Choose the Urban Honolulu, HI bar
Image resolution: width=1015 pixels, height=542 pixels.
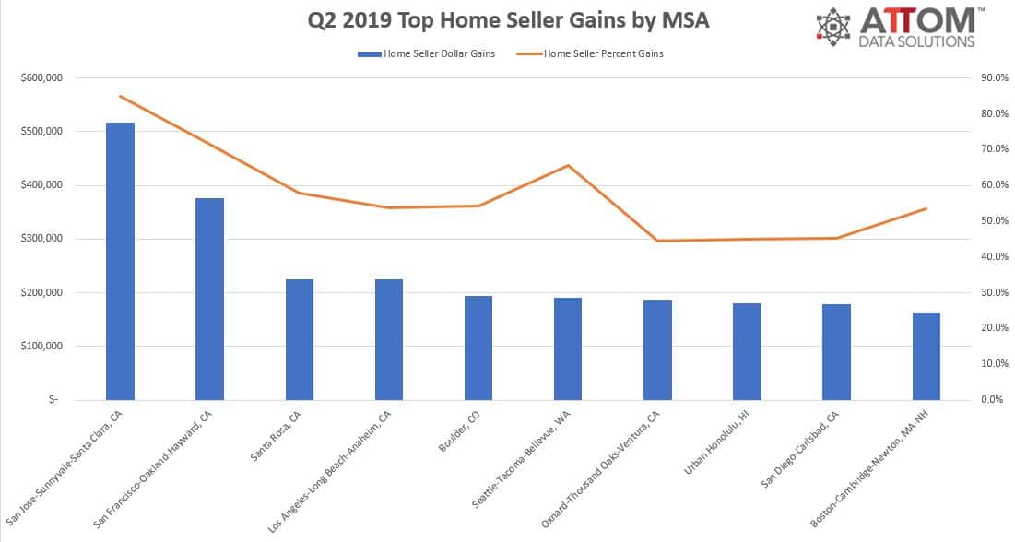[x=747, y=351]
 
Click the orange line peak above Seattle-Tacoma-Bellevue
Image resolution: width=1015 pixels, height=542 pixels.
[x=568, y=166]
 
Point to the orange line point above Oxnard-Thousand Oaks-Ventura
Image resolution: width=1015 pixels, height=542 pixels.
[x=657, y=241]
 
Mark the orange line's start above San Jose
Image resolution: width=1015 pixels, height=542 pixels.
[x=120, y=96]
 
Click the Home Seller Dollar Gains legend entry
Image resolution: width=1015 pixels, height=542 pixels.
[x=426, y=53]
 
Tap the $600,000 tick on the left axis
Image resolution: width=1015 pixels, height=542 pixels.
[x=40, y=77]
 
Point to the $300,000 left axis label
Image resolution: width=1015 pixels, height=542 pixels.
[x=40, y=239]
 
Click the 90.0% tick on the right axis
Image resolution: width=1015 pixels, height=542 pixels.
[x=995, y=77]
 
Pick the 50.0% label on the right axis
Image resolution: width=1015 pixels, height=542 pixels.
[x=995, y=220]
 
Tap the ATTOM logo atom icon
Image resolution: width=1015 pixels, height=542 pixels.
[x=834, y=27]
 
